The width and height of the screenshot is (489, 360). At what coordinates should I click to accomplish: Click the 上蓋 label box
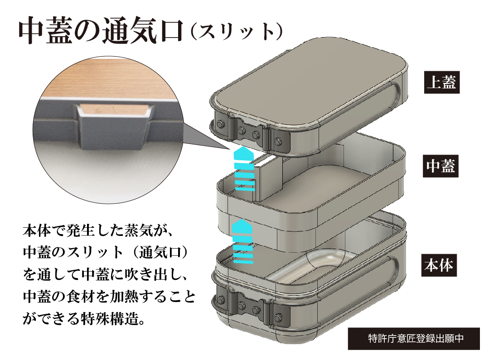click(x=441, y=82)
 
